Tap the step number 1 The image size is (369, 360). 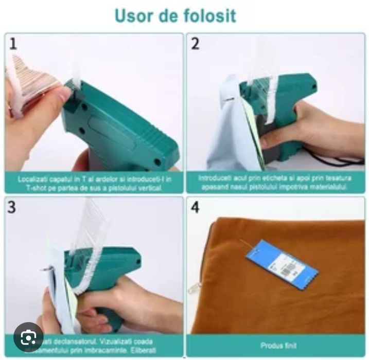coord(13,44)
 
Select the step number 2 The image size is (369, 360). coord(196,44)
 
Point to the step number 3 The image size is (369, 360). coord(13,207)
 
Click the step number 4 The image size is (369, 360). coord(196,207)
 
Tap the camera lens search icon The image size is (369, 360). coord(29,337)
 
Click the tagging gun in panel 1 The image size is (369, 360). coord(118,123)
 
